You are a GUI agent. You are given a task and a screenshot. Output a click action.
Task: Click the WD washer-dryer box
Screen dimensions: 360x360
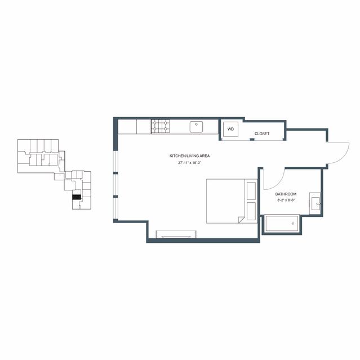tap(231, 129)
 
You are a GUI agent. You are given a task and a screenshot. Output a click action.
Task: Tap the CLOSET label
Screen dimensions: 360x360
tap(262, 134)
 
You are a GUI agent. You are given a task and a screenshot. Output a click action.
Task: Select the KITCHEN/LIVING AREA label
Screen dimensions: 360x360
tap(190, 156)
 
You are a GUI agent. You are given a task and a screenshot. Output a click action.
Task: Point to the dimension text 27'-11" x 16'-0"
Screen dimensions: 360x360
tap(190, 163)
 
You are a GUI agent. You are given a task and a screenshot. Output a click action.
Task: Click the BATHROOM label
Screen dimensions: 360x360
tap(286, 194)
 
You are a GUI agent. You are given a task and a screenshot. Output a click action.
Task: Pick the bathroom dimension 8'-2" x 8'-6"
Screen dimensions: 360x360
tap(286, 200)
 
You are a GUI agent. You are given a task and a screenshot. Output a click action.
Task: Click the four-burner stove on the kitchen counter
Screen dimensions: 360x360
tap(160, 126)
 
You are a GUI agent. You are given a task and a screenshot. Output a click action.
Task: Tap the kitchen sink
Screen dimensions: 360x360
tap(196, 127)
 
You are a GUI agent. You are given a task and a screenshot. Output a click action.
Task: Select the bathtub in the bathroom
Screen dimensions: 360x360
tap(282, 224)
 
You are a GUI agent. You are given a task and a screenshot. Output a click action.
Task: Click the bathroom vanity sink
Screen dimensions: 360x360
tap(315, 203)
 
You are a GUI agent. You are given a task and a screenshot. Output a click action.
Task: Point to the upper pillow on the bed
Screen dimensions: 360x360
tap(251, 191)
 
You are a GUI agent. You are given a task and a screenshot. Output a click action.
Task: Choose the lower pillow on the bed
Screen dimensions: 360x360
tap(251, 211)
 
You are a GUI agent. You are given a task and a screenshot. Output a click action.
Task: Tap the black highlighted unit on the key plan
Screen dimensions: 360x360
tap(77, 197)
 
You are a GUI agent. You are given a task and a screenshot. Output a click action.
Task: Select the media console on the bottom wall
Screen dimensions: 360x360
tap(176, 234)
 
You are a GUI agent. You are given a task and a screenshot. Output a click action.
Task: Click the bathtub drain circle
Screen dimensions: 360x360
tap(293, 224)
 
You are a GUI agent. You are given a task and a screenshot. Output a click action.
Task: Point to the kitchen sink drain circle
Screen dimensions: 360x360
tap(196, 124)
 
